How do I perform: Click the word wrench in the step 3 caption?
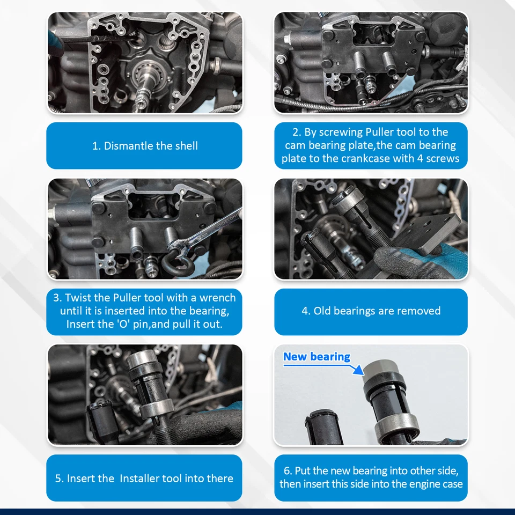[x=216, y=298]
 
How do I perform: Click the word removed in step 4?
[x=420, y=311]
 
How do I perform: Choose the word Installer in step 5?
[x=143, y=479]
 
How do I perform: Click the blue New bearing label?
[x=317, y=357]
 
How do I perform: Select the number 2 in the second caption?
[x=296, y=132]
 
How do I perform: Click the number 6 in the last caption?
[x=287, y=470]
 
